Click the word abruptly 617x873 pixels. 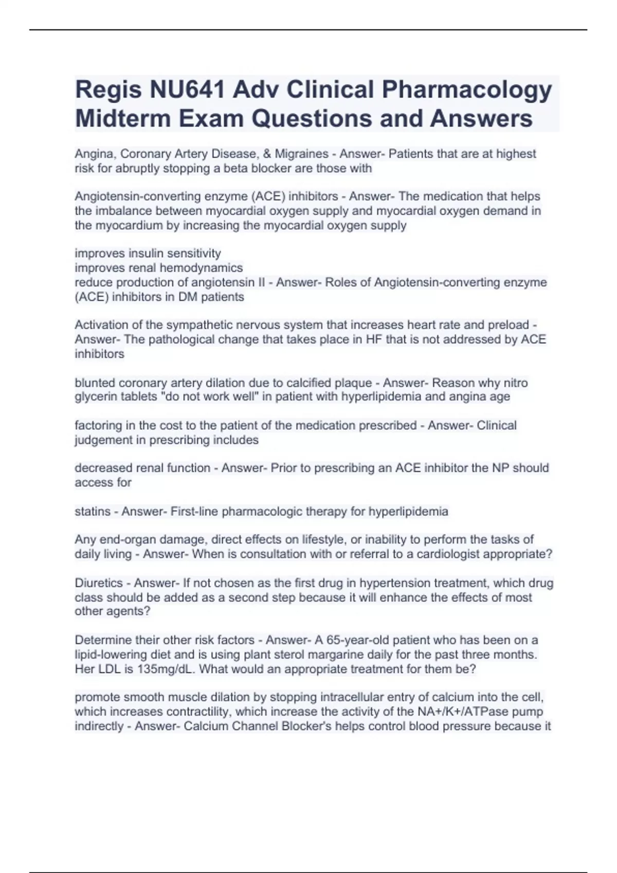pos(138,168)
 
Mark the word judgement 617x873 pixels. pos(103,440)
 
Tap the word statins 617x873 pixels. pos(93,511)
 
